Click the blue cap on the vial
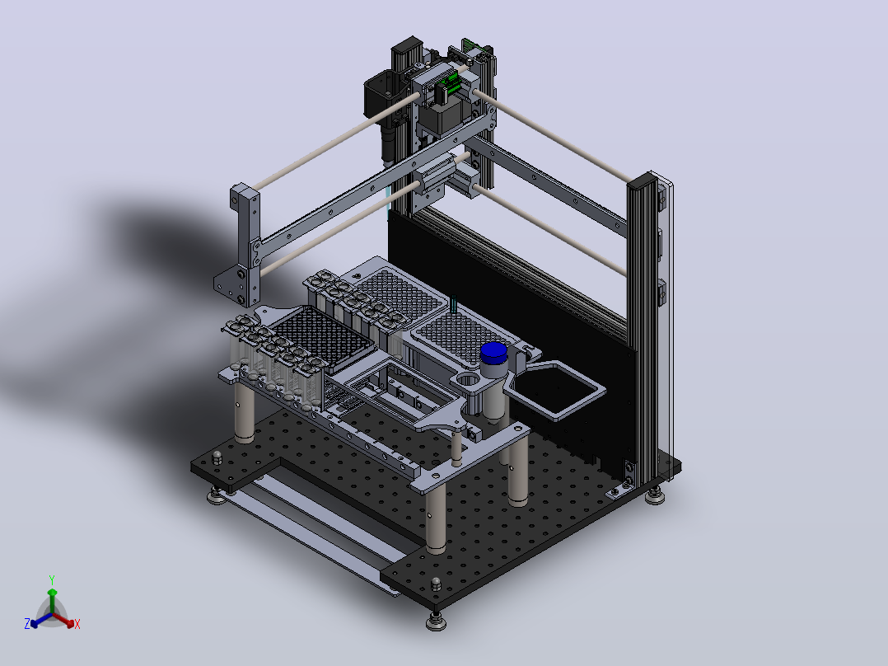[x=493, y=353]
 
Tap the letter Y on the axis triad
[x=52, y=579]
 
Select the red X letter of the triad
[x=77, y=624]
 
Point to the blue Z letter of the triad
[x=27, y=623]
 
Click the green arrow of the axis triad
[x=52, y=600]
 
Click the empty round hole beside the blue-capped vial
[x=468, y=378]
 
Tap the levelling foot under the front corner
[x=436, y=621]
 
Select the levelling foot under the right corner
[x=655, y=496]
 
